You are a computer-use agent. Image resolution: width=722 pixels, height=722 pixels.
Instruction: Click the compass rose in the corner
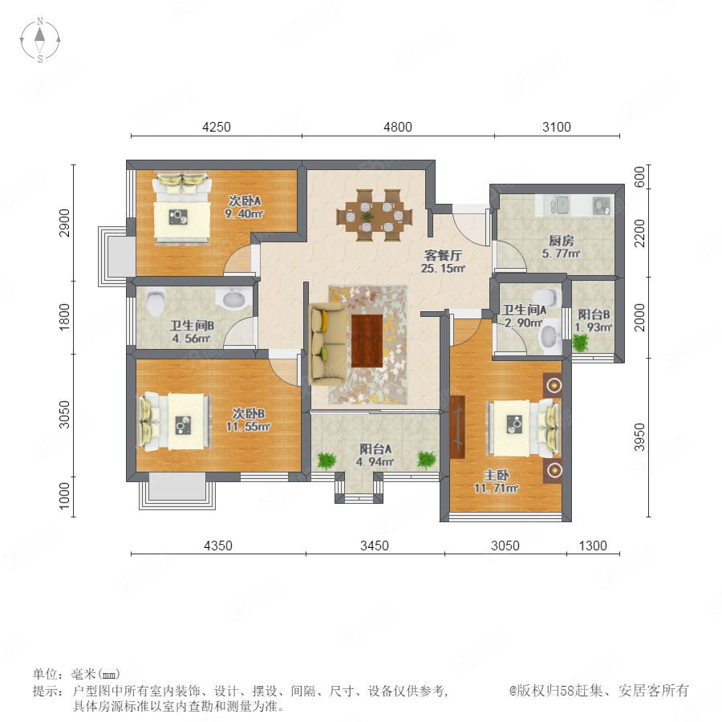click(40, 40)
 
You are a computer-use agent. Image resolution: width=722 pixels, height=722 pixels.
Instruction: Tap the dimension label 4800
click(398, 127)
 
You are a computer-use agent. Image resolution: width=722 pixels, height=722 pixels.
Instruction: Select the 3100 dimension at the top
click(556, 127)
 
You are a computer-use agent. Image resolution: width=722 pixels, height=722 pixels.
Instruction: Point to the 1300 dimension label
click(593, 546)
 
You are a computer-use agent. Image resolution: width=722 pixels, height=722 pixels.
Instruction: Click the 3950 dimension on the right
click(639, 436)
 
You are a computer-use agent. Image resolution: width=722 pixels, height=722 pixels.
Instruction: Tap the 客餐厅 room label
click(443, 255)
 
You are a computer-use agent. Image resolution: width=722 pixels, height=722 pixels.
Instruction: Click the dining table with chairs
click(375, 215)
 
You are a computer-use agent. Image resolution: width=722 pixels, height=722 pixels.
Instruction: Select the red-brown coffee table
click(367, 340)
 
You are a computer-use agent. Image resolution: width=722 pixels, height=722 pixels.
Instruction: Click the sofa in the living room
click(327, 343)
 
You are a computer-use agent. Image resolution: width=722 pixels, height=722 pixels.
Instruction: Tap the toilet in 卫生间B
click(156, 302)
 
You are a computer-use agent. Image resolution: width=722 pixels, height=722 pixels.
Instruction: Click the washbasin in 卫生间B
click(235, 299)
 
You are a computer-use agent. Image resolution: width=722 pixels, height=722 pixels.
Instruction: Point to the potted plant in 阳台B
click(580, 343)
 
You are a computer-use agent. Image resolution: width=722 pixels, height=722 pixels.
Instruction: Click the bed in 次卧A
click(182, 207)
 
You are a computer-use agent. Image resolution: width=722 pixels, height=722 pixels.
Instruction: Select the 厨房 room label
click(562, 241)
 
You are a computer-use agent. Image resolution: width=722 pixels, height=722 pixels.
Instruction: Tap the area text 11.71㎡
click(497, 488)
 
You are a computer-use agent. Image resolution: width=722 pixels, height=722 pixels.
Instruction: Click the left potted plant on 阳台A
click(327, 460)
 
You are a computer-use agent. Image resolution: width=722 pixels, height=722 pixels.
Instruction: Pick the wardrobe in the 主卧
click(458, 427)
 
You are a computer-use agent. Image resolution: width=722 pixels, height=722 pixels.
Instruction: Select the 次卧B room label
click(248, 413)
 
